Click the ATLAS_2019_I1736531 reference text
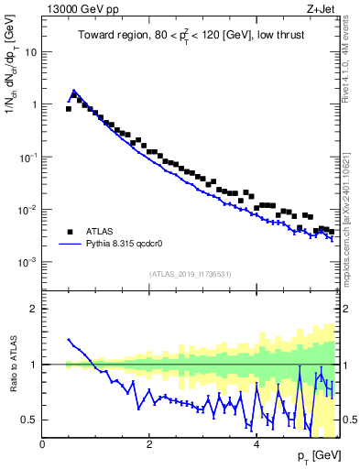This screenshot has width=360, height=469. pos(190,274)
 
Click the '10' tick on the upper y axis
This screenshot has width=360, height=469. pos(32,51)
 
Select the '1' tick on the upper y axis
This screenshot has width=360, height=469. pos(35,104)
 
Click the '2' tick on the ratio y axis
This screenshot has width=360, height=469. pos(35,309)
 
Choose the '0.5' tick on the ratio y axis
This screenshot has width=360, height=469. pos(31,420)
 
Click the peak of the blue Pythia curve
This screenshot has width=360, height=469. pos(74,91)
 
